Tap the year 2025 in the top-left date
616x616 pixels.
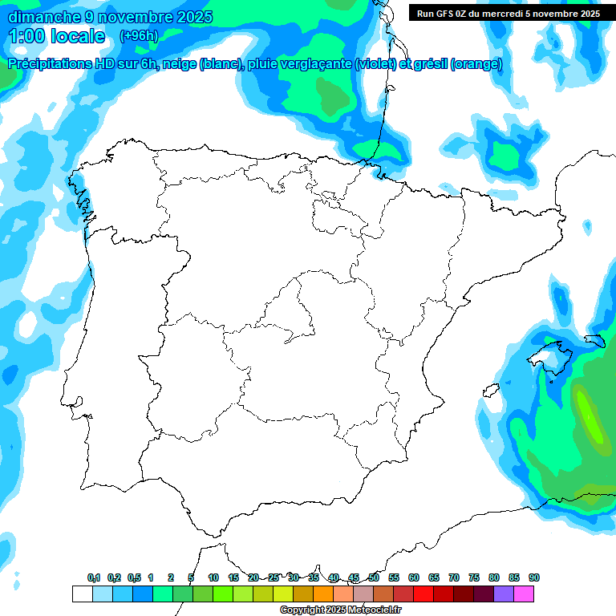tap(187, 17)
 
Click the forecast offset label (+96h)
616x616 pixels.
tap(139, 36)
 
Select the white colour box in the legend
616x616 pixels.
tap(82, 594)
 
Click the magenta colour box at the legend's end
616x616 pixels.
tap(524, 594)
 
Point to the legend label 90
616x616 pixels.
tap(534, 577)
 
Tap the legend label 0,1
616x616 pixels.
tap(94, 577)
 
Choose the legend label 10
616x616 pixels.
tap(213, 577)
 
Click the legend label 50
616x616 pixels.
tap(374, 577)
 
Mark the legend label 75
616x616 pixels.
tap(474, 577)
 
